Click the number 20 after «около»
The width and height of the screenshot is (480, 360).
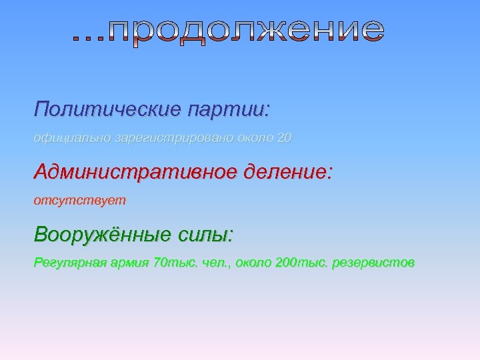pyautogui.click(x=284, y=138)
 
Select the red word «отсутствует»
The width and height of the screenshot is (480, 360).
pyautogui.click(x=79, y=200)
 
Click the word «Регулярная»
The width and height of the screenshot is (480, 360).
pyautogui.click(x=67, y=263)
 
